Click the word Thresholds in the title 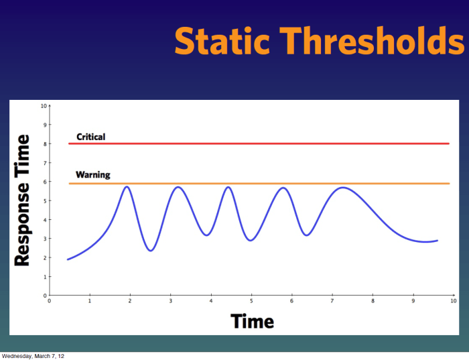pyautogui.click(x=373, y=42)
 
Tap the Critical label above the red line pyautogui.click(x=90, y=137)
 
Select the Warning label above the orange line pyautogui.click(x=92, y=175)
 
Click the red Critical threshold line pyautogui.click(x=268, y=143)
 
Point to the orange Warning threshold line pyautogui.click(x=268, y=183)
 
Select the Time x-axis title pyautogui.click(x=253, y=321)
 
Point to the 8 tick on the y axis pyautogui.click(x=44, y=143)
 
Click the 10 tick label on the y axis pyautogui.click(x=44, y=106)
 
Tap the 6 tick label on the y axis pyautogui.click(x=44, y=182)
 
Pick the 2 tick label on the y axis pyautogui.click(x=44, y=257)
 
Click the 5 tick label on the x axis pyautogui.click(x=251, y=302)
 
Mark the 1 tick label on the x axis pyautogui.click(x=90, y=302)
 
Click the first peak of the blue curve pyautogui.click(x=126, y=186)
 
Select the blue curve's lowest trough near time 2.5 pyautogui.click(x=151, y=251)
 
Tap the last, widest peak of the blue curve pyautogui.click(x=343, y=187)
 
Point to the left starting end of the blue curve pyautogui.click(x=68, y=259)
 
